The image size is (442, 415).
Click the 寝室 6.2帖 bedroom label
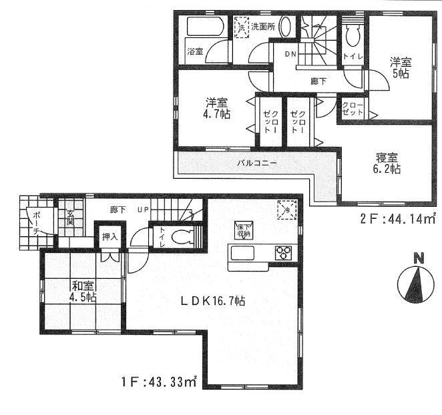pyautogui.click(x=387, y=163)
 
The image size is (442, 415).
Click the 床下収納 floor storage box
pyautogui.click(x=242, y=230)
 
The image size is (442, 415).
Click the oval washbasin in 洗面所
pyautogui.click(x=284, y=28)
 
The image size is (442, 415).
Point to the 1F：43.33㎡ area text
pyautogui.click(x=160, y=383)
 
